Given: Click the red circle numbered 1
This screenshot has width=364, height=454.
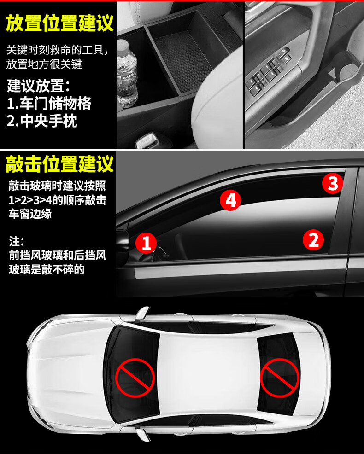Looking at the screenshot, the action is coord(146,243).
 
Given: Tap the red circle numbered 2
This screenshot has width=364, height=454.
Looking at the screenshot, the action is coord(313,239).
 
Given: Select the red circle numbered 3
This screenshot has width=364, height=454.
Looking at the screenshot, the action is coord(332,183).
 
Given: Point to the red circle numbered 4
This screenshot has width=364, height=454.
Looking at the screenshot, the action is coord(230,200).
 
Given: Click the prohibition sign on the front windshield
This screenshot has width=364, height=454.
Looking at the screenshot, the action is coord(135,378).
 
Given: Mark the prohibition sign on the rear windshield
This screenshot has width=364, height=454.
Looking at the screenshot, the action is coord(279,378).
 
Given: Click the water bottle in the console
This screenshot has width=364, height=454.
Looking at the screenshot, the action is coord(127,74).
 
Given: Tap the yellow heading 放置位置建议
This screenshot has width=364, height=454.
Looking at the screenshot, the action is coord(59,23).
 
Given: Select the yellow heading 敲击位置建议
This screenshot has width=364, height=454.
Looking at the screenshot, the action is coord(59,164).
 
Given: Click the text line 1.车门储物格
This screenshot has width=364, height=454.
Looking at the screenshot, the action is coord(49,103).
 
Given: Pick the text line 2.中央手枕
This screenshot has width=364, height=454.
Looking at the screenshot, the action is coord(42,121).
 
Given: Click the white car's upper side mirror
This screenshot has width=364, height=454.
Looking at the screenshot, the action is coord(142,314).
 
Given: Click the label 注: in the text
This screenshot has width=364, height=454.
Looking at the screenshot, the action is coord(16,241).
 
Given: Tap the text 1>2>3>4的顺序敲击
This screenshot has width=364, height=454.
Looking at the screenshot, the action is coord(58,200).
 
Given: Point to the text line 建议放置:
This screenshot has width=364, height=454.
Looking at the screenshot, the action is coord(38,86).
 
